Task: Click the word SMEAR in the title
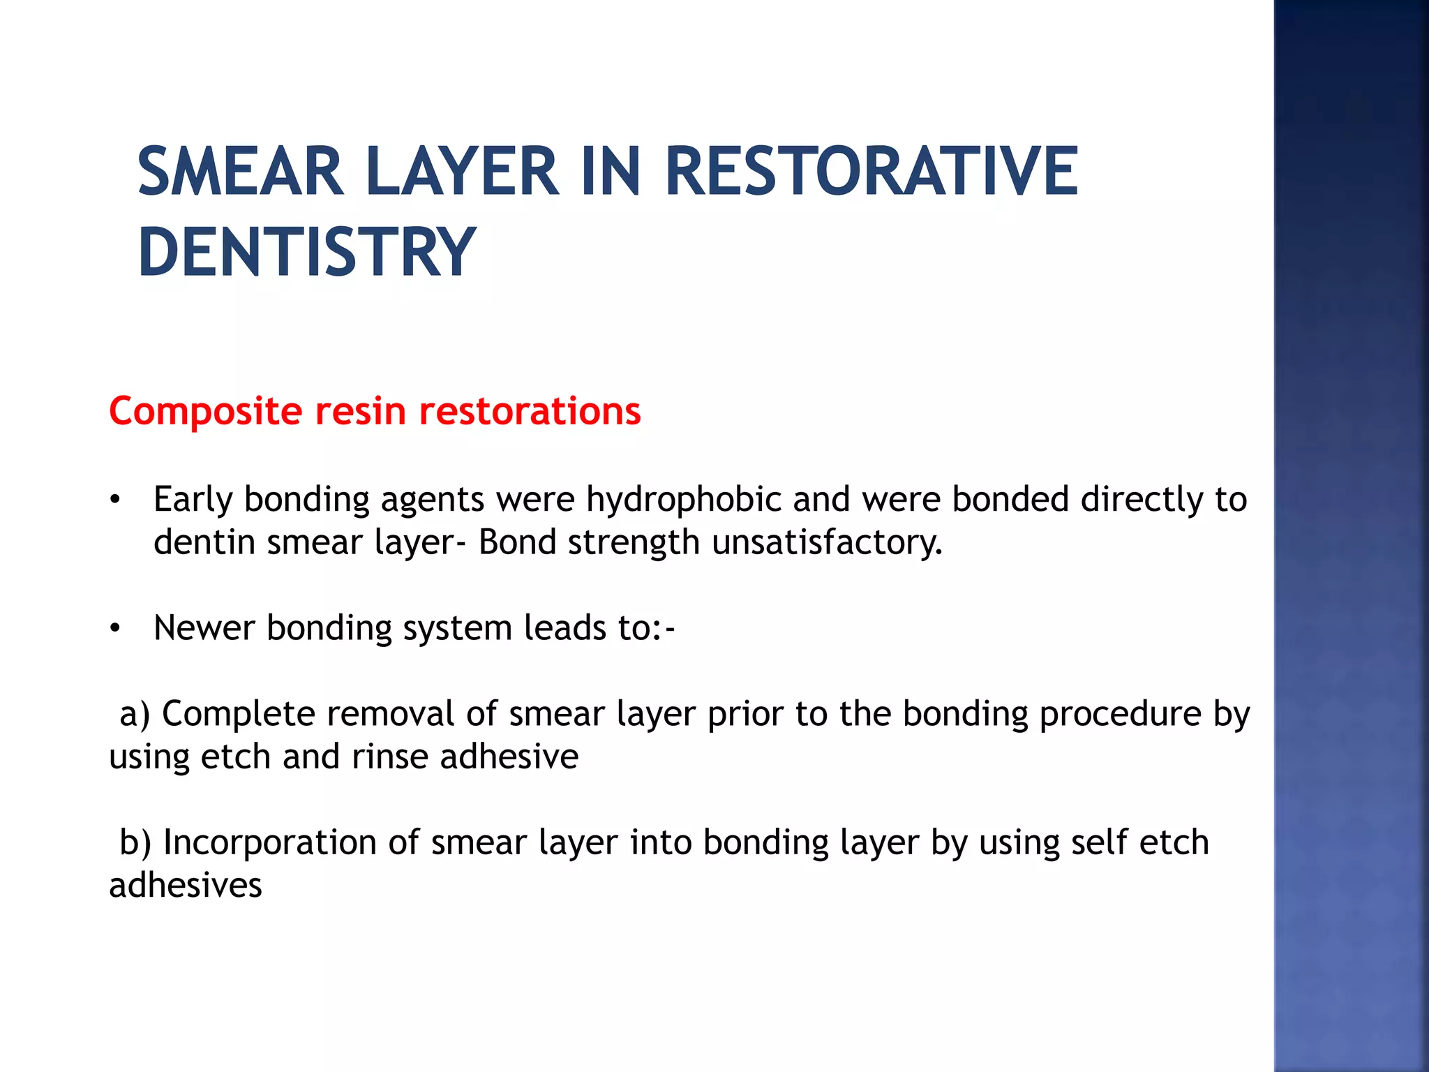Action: point(241,172)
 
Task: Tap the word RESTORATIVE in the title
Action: point(871,172)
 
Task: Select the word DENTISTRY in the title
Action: point(307,253)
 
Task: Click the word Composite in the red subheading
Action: point(204,411)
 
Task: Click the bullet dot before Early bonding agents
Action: point(115,500)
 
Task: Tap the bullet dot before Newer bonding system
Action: point(115,629)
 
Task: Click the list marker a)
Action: point(135,714)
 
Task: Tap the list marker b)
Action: point(135,842)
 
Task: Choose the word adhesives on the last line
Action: point(186,885)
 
